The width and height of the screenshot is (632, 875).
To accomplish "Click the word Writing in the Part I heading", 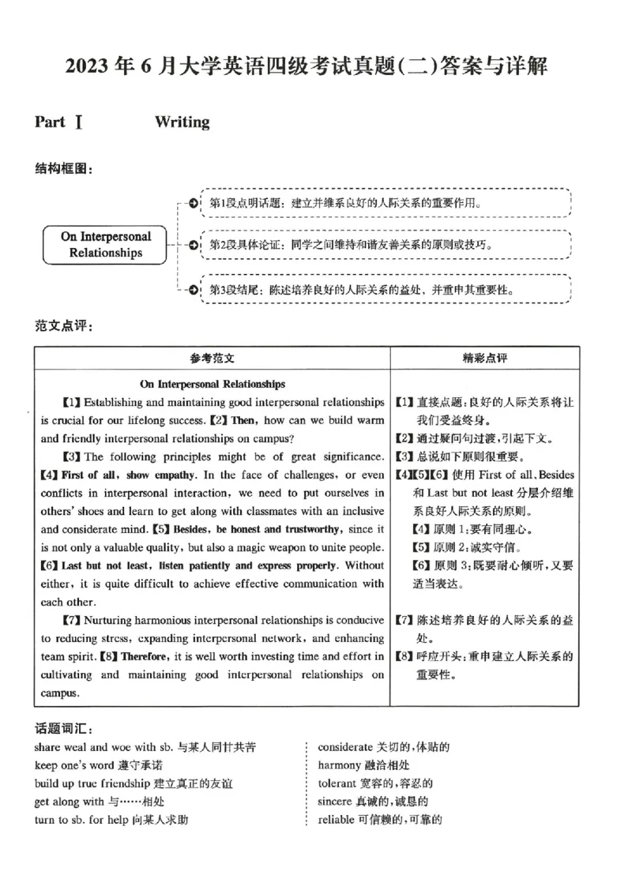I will coord(182,122).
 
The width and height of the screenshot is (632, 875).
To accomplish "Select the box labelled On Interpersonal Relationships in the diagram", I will coord(105,245).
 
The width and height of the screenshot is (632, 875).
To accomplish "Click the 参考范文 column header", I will coord(212,358).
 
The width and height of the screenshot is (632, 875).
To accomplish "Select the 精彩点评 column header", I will coord(485,358).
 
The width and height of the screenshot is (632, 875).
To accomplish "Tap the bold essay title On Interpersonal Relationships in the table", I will coord(213,385).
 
